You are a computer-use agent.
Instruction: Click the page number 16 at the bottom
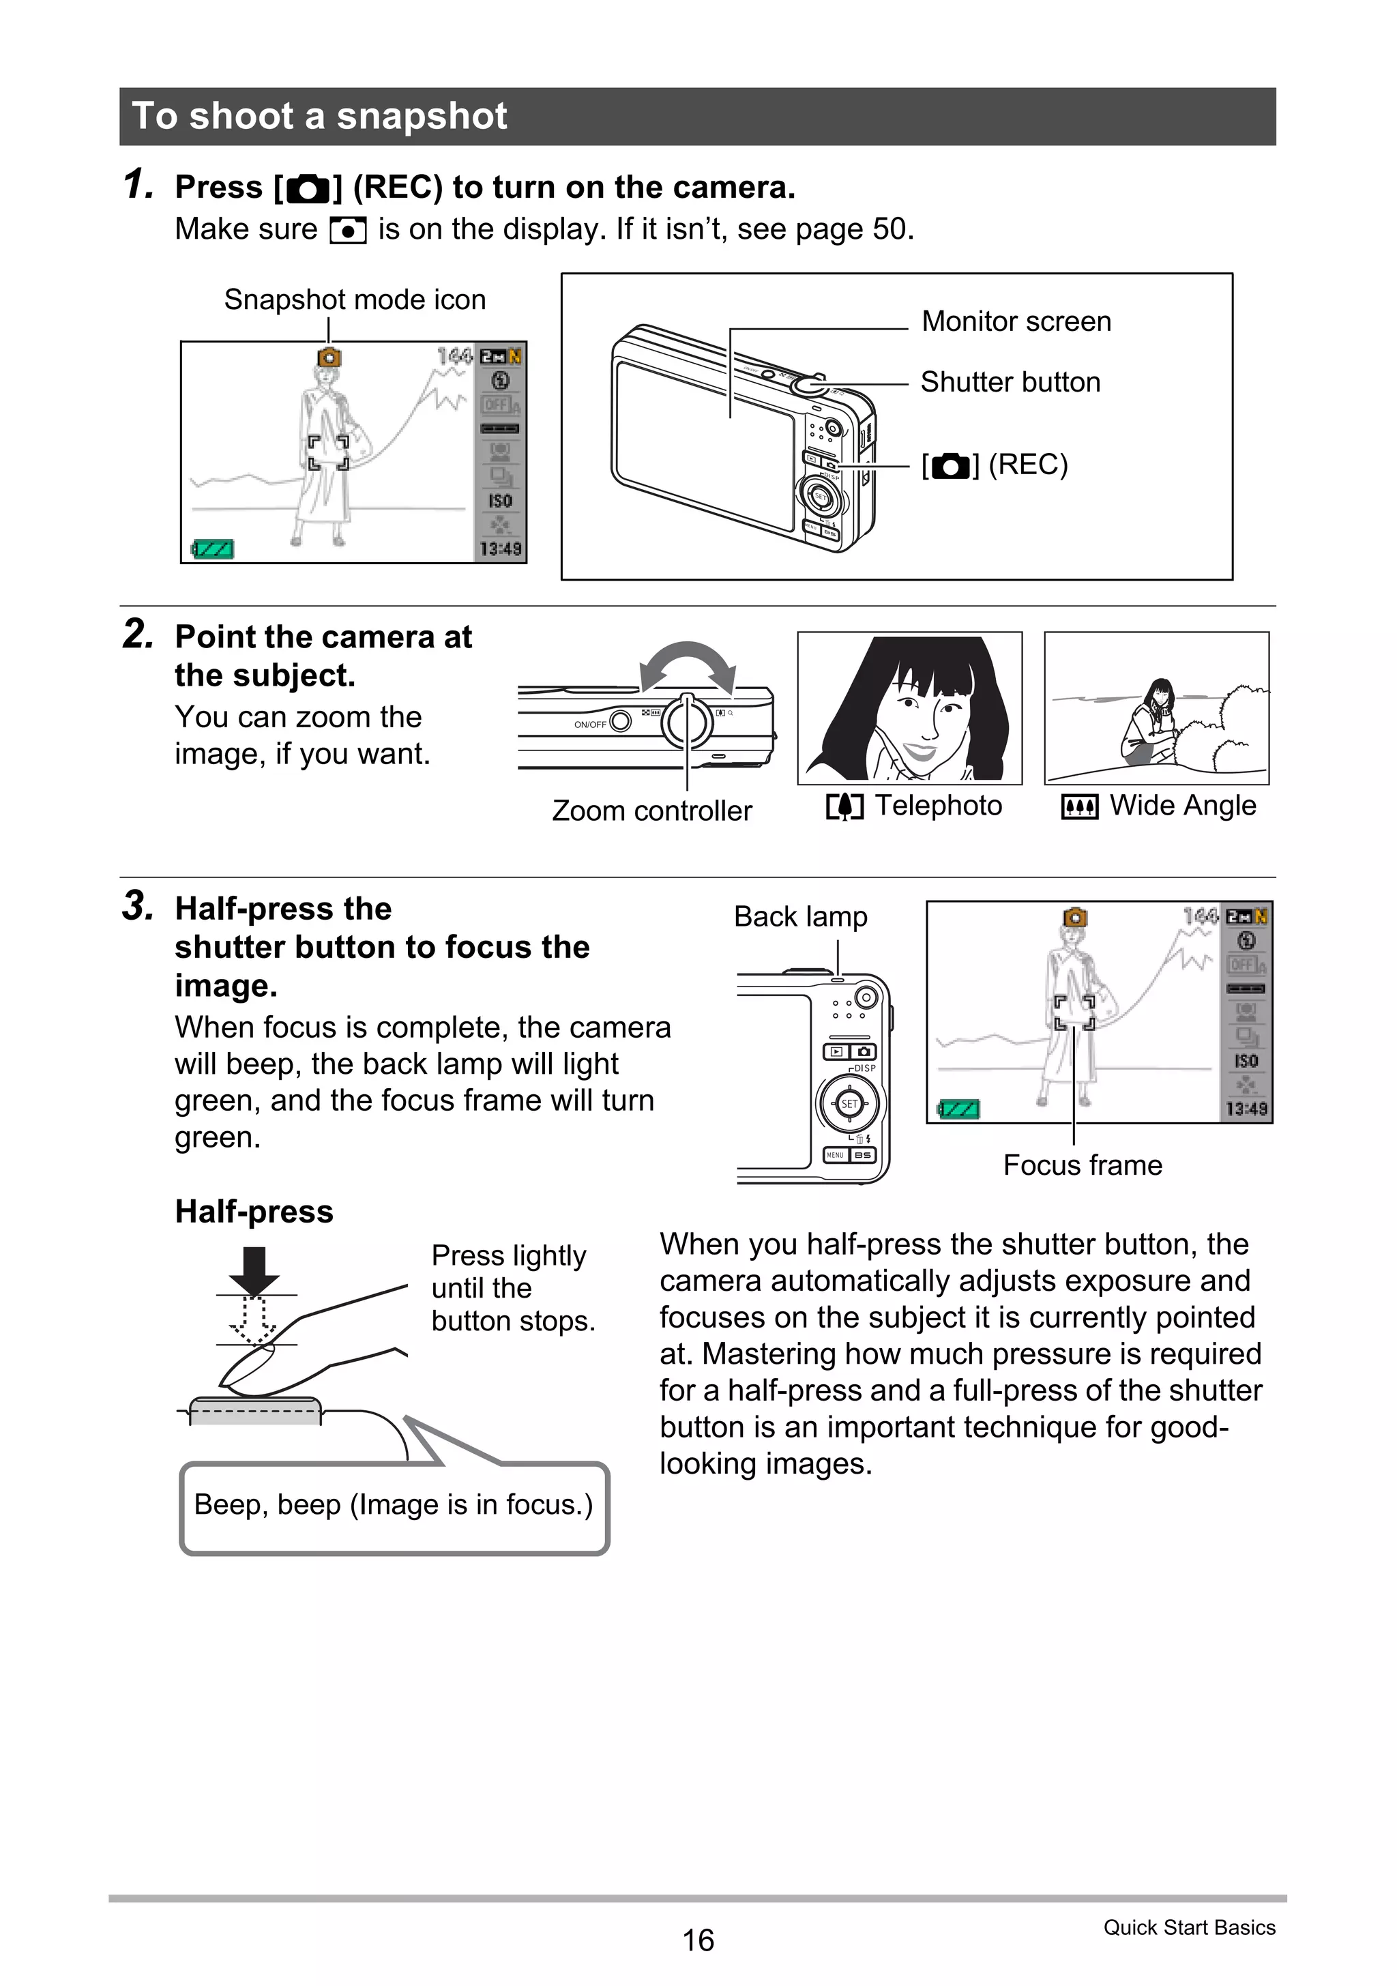coord(697,1940)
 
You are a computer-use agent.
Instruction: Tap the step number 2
coord(138,634)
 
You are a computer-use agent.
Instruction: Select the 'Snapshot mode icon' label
coord(355,300)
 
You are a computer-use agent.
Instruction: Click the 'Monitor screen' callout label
coord(1016,321)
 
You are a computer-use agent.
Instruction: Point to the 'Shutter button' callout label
coord(1010,381)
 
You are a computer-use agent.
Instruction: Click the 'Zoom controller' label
coord(651,811)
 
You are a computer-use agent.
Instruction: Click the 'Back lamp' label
coord(800,916)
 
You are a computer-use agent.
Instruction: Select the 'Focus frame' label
coord(1082,1165)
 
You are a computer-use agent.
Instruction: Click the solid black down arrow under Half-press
coord(254,1269)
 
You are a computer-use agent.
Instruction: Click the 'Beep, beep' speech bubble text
coord(394,1504)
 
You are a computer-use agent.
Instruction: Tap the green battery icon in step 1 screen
coord(213,549)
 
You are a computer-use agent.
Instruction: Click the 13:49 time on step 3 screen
coord(1246,1108)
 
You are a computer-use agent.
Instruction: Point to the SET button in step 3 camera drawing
coord(849,1104)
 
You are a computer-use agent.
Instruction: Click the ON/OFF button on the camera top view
coord(620,721)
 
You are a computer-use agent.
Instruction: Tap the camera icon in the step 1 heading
coord(308,188)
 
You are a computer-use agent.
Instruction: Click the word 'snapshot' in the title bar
coord(422,116)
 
